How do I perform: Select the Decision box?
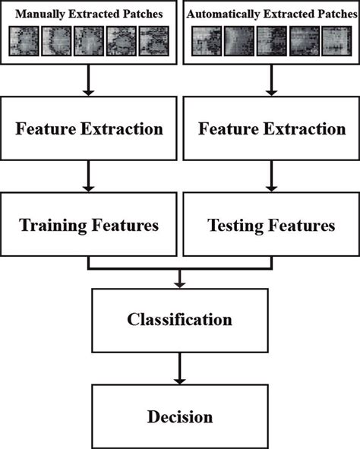pyautogui.click(x=180, y=417)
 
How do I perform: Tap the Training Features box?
pyautogui.click(x=89, y=225)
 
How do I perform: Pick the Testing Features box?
pyautogui.click(x=271, y=225)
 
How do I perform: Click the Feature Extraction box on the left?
pyautogui.click(x=89, y=128)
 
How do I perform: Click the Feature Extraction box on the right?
pyautogui.click(x=271, y=128)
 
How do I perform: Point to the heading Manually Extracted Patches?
pyautogui.click(x=89, y=13)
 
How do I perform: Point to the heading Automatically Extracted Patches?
pyautogui.click(x=271, y=13)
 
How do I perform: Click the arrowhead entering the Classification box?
pyautogui.click(x=180, y=284)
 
